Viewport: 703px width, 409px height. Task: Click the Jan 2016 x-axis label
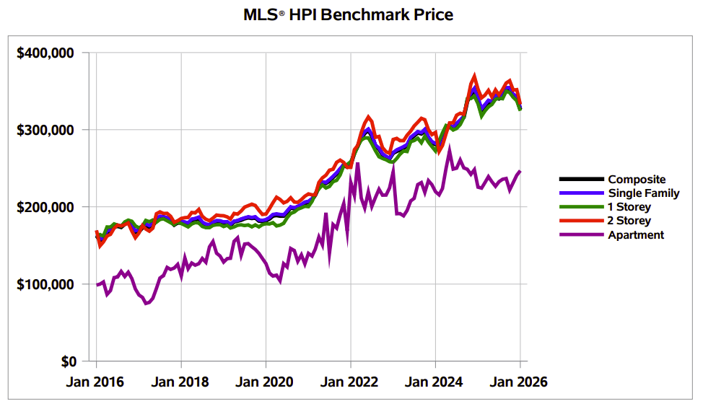[x=97, y=382]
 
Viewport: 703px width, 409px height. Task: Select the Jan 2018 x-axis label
[x=181, y=382]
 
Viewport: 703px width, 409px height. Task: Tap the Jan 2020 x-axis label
[x=266, y=382]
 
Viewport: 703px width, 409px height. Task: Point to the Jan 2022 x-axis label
[x=351, y=382]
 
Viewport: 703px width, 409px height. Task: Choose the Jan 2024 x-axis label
[x=435, y=382]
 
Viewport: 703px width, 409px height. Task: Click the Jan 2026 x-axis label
[x=520, y=382]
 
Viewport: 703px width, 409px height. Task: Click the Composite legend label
[x=637, y=180]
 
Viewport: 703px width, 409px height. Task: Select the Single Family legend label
[x=642, y=193]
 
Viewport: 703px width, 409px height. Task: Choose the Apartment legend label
[x=636, y=234]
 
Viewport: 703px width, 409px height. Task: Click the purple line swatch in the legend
[x=581, y=234]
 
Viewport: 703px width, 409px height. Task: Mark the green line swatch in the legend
[x=581, y=207]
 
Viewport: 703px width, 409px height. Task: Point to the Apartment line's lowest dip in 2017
[x=146, y=303]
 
